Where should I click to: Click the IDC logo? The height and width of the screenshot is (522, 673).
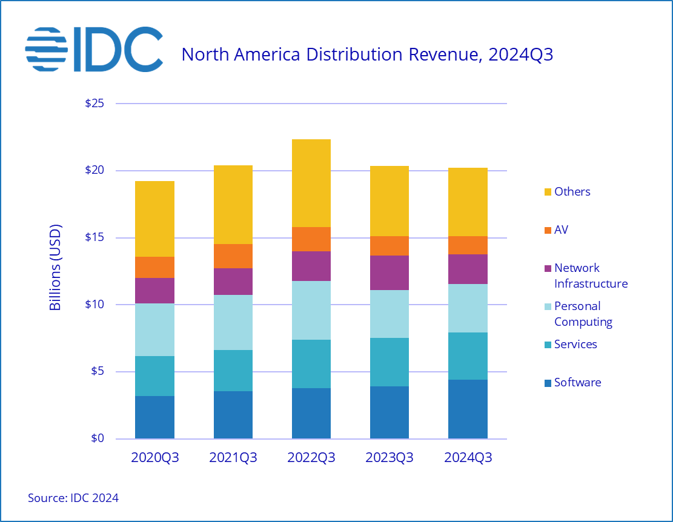94,49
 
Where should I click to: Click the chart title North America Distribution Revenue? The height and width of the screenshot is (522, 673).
367,55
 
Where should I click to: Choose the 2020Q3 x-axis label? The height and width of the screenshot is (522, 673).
155,458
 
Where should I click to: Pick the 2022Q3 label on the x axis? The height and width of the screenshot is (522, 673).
311,458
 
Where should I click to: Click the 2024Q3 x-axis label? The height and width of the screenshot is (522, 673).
468,458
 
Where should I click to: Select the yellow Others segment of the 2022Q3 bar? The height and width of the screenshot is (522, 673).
311,183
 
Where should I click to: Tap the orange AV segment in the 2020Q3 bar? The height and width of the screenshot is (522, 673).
155,267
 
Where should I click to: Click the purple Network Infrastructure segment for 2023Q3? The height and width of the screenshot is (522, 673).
390,273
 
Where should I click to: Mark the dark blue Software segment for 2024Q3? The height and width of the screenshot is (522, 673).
468,409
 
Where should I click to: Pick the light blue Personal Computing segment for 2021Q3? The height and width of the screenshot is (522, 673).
233,322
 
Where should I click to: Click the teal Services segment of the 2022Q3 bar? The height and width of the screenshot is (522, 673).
311,364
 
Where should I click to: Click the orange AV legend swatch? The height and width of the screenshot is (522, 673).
548,230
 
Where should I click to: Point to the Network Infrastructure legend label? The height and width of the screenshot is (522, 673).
591,276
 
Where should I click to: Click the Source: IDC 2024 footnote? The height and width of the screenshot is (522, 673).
73,498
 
